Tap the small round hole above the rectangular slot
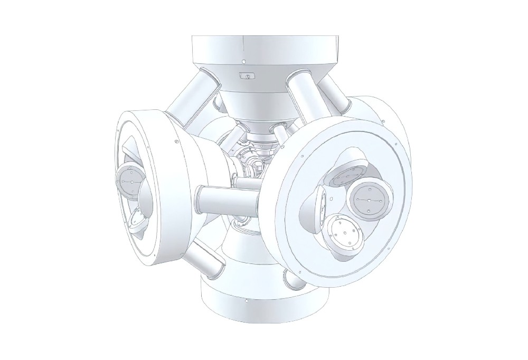point(243,62)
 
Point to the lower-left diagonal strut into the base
point(203,259)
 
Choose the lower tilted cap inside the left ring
point(138,222)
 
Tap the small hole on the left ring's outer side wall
point(174,141)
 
